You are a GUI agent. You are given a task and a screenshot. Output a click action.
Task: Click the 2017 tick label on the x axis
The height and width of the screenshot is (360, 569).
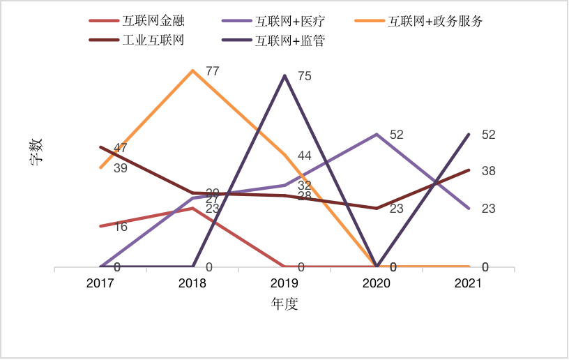tap(100, 284)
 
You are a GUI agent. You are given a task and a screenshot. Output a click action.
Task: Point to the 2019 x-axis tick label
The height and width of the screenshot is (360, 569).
tap(284, 284)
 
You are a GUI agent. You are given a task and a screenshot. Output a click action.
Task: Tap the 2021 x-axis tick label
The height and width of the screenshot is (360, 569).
tap(469, 284)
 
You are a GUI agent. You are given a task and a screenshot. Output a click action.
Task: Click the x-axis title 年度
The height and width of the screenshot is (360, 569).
tap(284, 304)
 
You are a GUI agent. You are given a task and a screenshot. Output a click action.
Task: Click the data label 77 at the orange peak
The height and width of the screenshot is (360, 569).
tap(213, 71)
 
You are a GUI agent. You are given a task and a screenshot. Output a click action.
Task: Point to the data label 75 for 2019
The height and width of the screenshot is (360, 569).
tap(304, 77)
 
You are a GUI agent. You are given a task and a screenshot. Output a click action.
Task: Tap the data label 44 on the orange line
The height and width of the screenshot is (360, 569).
tap(304, 156)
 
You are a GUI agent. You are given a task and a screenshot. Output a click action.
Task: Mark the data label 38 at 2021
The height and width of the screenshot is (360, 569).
tap(488, 171)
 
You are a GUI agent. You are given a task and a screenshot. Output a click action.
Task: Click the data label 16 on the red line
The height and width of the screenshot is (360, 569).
tap(120, 227)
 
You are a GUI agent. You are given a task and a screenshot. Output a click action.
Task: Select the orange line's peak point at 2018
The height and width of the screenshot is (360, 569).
tap(192, 70)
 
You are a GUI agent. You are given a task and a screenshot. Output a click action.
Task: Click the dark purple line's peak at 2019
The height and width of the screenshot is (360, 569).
tap(284, 75)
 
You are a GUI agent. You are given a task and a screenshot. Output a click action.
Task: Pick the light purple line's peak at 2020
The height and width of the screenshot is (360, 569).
tap(377, 134)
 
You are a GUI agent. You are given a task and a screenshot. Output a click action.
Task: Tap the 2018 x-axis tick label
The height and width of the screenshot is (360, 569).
tap(192, 284)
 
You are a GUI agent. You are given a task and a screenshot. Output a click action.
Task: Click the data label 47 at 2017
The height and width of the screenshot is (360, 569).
tap(120, 148)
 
